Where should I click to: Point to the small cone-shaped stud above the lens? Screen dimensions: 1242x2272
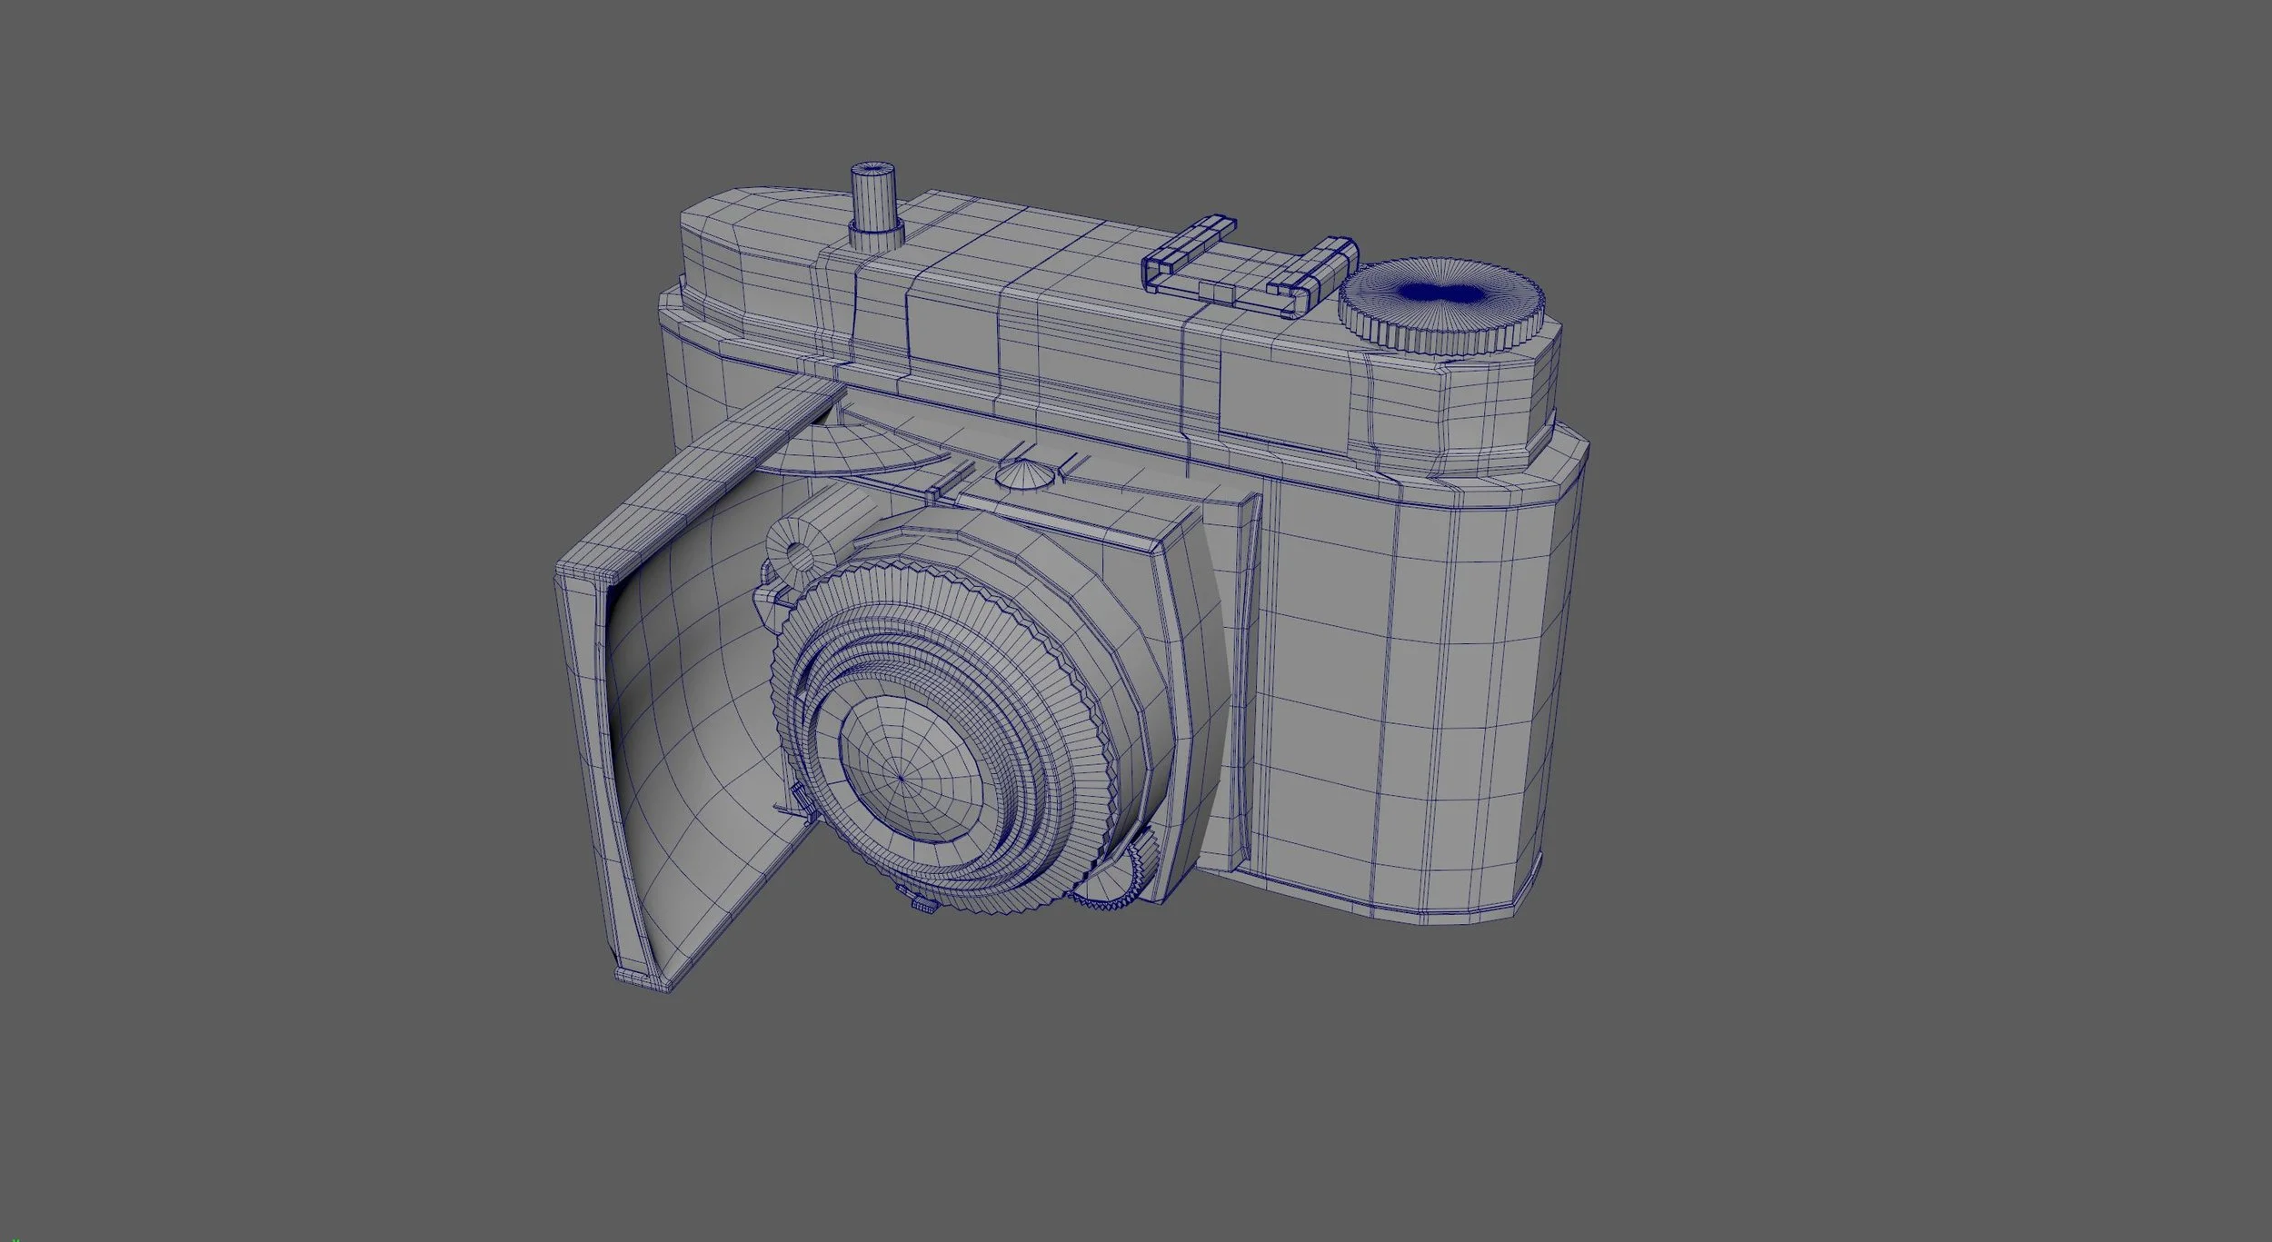(x=1027, y=474)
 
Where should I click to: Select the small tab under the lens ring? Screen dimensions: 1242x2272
(x=922, y=930)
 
